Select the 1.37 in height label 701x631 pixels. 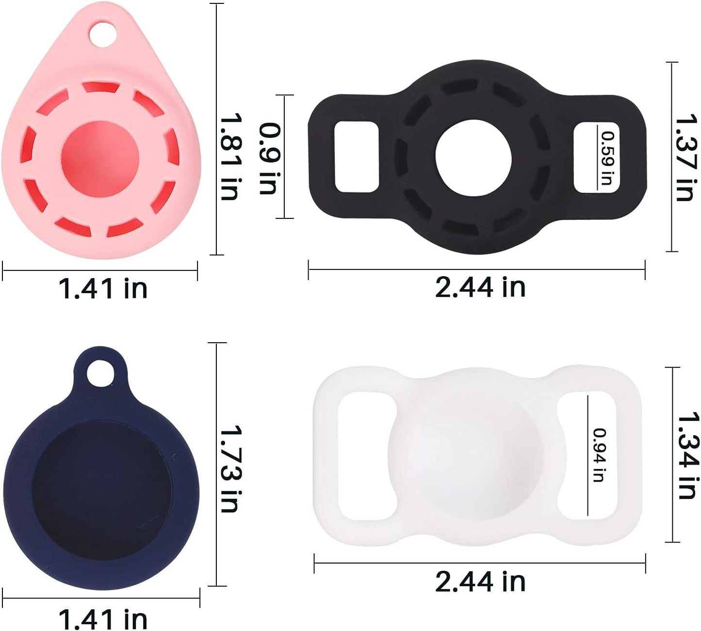tap(686, 157)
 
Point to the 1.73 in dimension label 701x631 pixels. tap(230, 468)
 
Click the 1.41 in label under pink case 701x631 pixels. tap(103, 288)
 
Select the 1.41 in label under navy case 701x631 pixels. tap(103, 618)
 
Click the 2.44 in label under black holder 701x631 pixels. tap(480, 286)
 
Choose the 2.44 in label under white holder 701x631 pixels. tap(480, 581)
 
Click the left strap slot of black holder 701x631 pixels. tap(357, 156)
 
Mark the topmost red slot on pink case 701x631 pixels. tap(100, 87)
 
